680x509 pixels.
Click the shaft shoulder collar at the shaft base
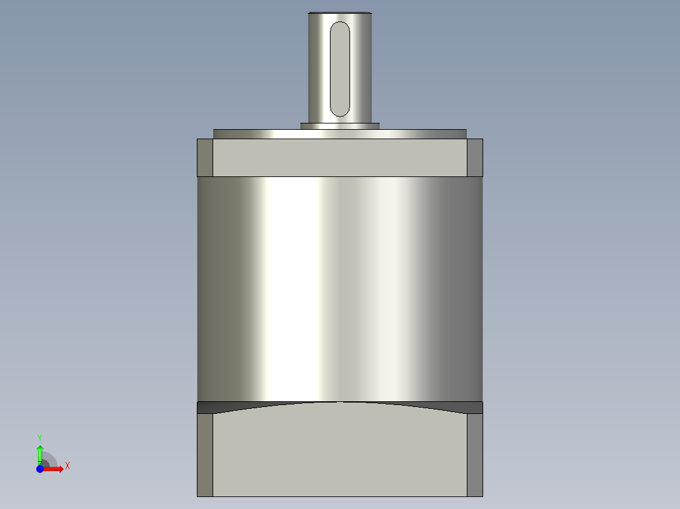(x=339, y=126)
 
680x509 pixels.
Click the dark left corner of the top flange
(x=205, y=157)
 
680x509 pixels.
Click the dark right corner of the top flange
(x=475, y=157)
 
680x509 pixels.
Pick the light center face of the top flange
(x=340, y=157)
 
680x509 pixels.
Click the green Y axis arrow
(x=40, y=452)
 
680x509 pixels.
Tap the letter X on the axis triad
(x=67, y=466)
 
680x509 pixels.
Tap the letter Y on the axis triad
(x=40, y=437)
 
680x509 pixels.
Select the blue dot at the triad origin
(x=40, y=469)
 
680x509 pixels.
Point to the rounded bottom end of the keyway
(x=340, y=112)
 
